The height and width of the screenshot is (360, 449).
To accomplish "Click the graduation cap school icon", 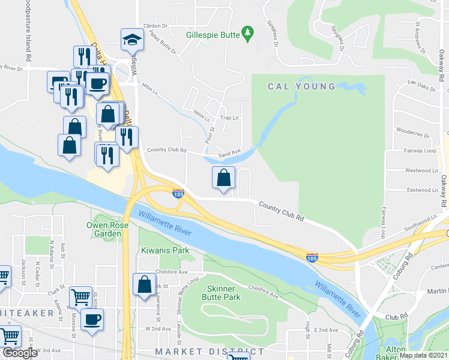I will [x=130, y=40].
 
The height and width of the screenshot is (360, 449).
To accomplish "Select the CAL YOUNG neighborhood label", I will [x=302, y=86].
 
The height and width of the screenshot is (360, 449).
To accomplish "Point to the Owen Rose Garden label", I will [x=103, y=229].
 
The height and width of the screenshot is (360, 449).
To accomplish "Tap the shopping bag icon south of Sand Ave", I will [x=223, y=178].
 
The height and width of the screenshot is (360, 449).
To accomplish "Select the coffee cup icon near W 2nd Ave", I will [x=92, y=319].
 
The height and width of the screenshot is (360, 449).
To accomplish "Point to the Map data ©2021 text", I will [x=424, y=355].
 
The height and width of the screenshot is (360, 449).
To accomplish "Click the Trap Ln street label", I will [x=226, y=118].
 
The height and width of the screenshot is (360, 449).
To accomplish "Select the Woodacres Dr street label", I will [x=412, y=130].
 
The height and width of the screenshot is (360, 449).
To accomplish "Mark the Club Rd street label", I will [x=396, y=317].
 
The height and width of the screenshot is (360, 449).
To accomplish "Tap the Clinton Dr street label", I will [x=155, y=26].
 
